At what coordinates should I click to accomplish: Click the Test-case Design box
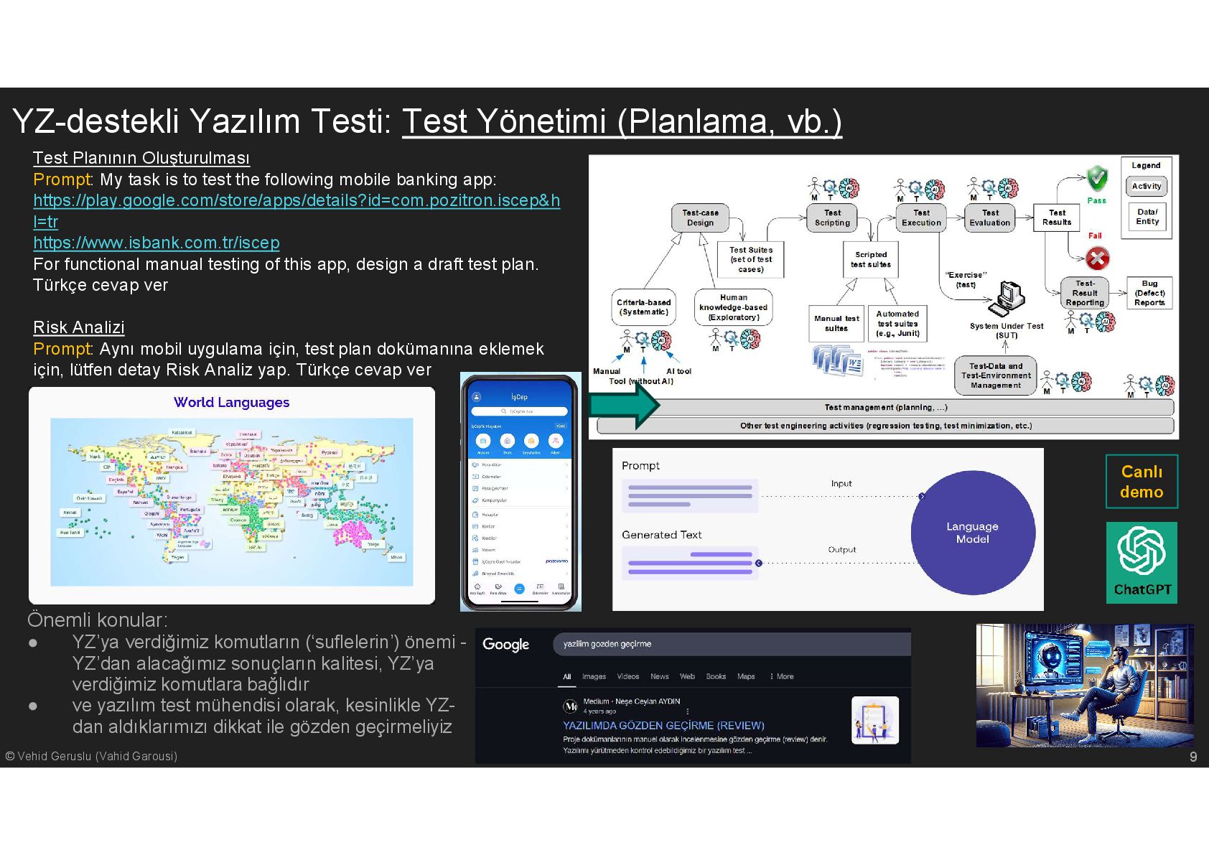(700, 218)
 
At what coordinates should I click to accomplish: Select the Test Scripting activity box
(832, 218)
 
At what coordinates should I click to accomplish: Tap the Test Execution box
(921, 218)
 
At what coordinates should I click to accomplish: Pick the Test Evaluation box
(990, 218)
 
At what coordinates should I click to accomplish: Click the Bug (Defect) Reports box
(1149, 293)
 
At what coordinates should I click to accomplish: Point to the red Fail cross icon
(1096, 258)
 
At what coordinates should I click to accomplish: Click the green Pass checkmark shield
(1096, 178)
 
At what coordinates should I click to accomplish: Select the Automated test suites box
(897, 324)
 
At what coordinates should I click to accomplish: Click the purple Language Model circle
(973, 533)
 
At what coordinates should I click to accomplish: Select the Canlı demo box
(1142, 481)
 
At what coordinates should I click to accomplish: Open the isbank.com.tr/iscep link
(157, 243)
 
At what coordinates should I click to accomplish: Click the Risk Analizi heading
(79, 327)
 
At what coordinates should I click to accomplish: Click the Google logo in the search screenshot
(505, 644)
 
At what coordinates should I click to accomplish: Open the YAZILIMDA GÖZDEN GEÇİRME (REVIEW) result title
(663, 725)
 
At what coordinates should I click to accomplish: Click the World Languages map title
(231, 402)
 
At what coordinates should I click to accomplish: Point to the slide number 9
(1192, 757)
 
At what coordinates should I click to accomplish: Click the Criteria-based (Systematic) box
(643, 307)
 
